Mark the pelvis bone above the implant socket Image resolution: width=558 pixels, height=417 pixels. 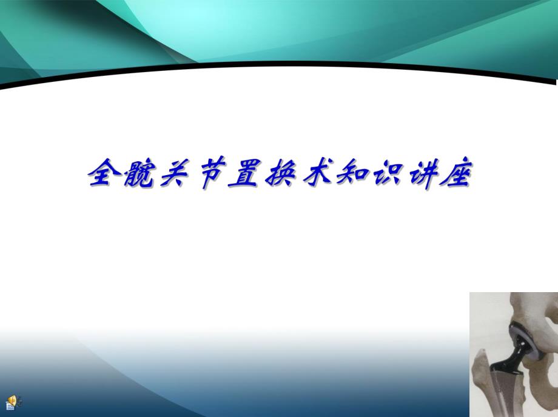[534, 309]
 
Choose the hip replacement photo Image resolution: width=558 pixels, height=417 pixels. [513, 354]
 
